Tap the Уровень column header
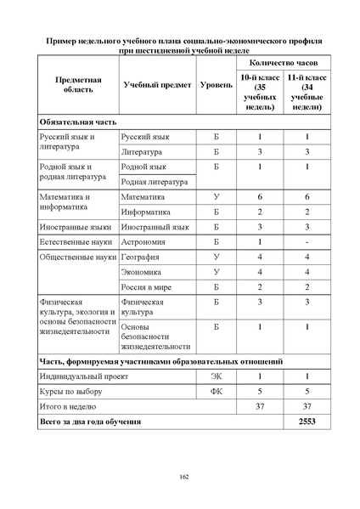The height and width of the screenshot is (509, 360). [x=216, y=86]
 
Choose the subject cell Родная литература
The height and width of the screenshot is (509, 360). [x=154, y=181]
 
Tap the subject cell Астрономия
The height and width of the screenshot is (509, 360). [x=146, y=241]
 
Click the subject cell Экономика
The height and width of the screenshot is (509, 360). [x=143, y=272]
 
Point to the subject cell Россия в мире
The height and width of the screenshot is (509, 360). [x=148, y=287]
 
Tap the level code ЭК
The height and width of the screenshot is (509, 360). [x=216, y=376]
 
